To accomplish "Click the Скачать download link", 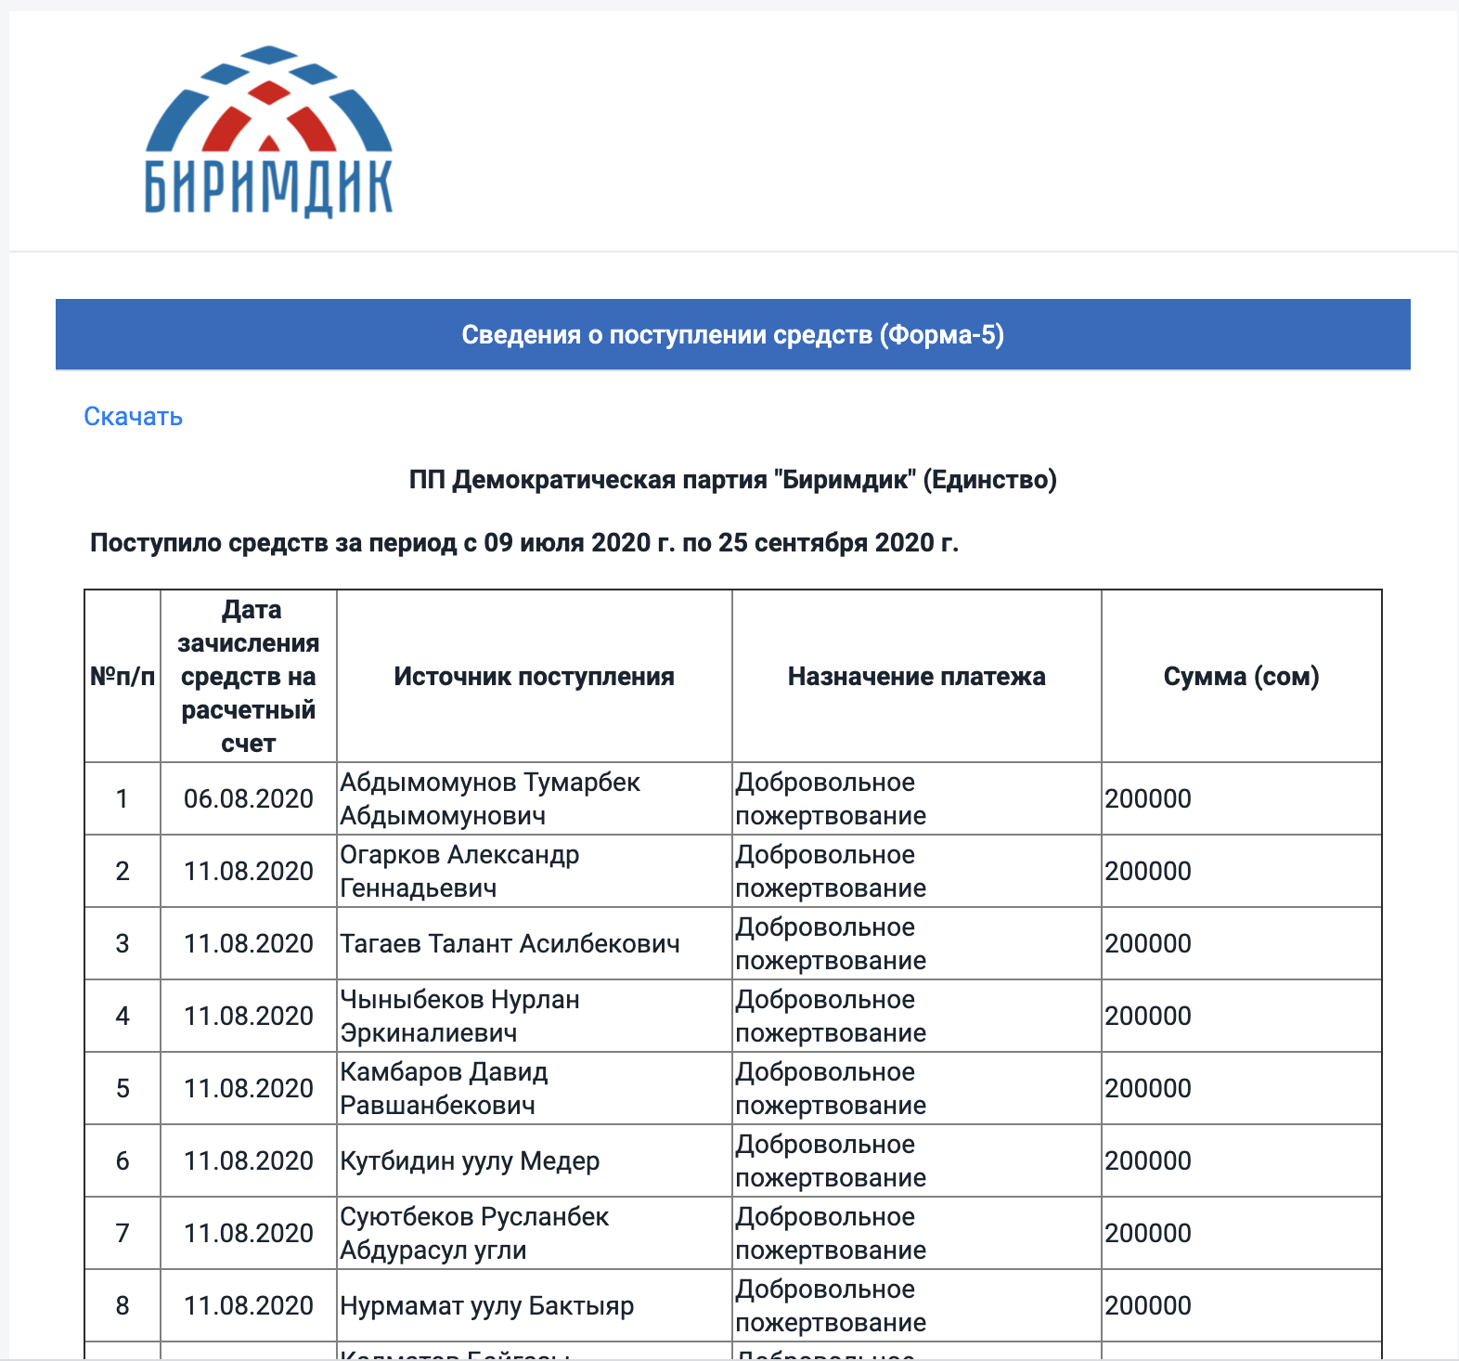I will (x=133, y=416).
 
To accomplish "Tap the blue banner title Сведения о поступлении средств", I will (x=732, y=335).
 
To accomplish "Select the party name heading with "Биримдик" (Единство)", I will (x=732, y=480).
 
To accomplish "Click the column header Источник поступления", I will (x=534, y=677).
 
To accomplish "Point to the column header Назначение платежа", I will (x=916, y=677).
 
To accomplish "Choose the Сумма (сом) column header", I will (x=1241, y=677).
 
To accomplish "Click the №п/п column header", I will (x=123, y=677).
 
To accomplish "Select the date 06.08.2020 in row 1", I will (x=248, y=798).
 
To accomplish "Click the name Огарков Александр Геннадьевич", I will (x=459, y=871).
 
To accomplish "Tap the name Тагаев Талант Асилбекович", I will (x=510, y=943).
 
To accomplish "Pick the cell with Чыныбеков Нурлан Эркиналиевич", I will (x=459, y=1016).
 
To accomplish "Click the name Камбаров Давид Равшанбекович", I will (x=444, y=1088).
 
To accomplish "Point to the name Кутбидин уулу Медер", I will (x=470, y=1160).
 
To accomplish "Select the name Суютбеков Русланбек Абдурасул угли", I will (x=474, y=1233).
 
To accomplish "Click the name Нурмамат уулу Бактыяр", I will (x=486, y=1305).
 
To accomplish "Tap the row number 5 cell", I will (x=123, y=1088).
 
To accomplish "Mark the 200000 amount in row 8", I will (x=1148, y=1305).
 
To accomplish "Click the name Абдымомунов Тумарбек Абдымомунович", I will (x=489, y=798).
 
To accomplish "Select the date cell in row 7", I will (x=248, y=1233).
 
